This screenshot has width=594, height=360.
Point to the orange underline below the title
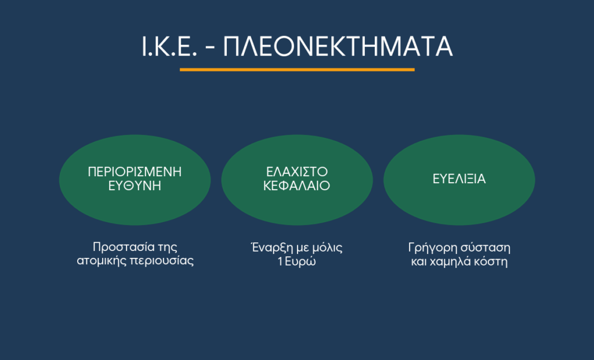point(297,70)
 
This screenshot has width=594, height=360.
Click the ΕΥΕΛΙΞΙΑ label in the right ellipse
point(459,179)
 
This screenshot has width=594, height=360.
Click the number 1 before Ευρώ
point(280,261)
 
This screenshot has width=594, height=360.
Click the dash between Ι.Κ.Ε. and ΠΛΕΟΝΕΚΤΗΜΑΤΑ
point(211,48)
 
